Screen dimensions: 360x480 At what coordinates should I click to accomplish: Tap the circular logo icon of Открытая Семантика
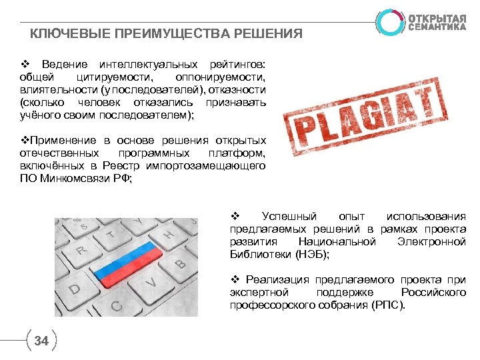(x=390, y=22)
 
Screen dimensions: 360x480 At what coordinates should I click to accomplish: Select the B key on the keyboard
(x=179, y=264)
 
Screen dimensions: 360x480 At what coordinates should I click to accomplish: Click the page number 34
(x=41, y=341)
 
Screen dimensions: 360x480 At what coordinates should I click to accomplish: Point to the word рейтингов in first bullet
(x=237, y=65)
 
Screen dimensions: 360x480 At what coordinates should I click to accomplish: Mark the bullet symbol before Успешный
(x=234, y=216)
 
